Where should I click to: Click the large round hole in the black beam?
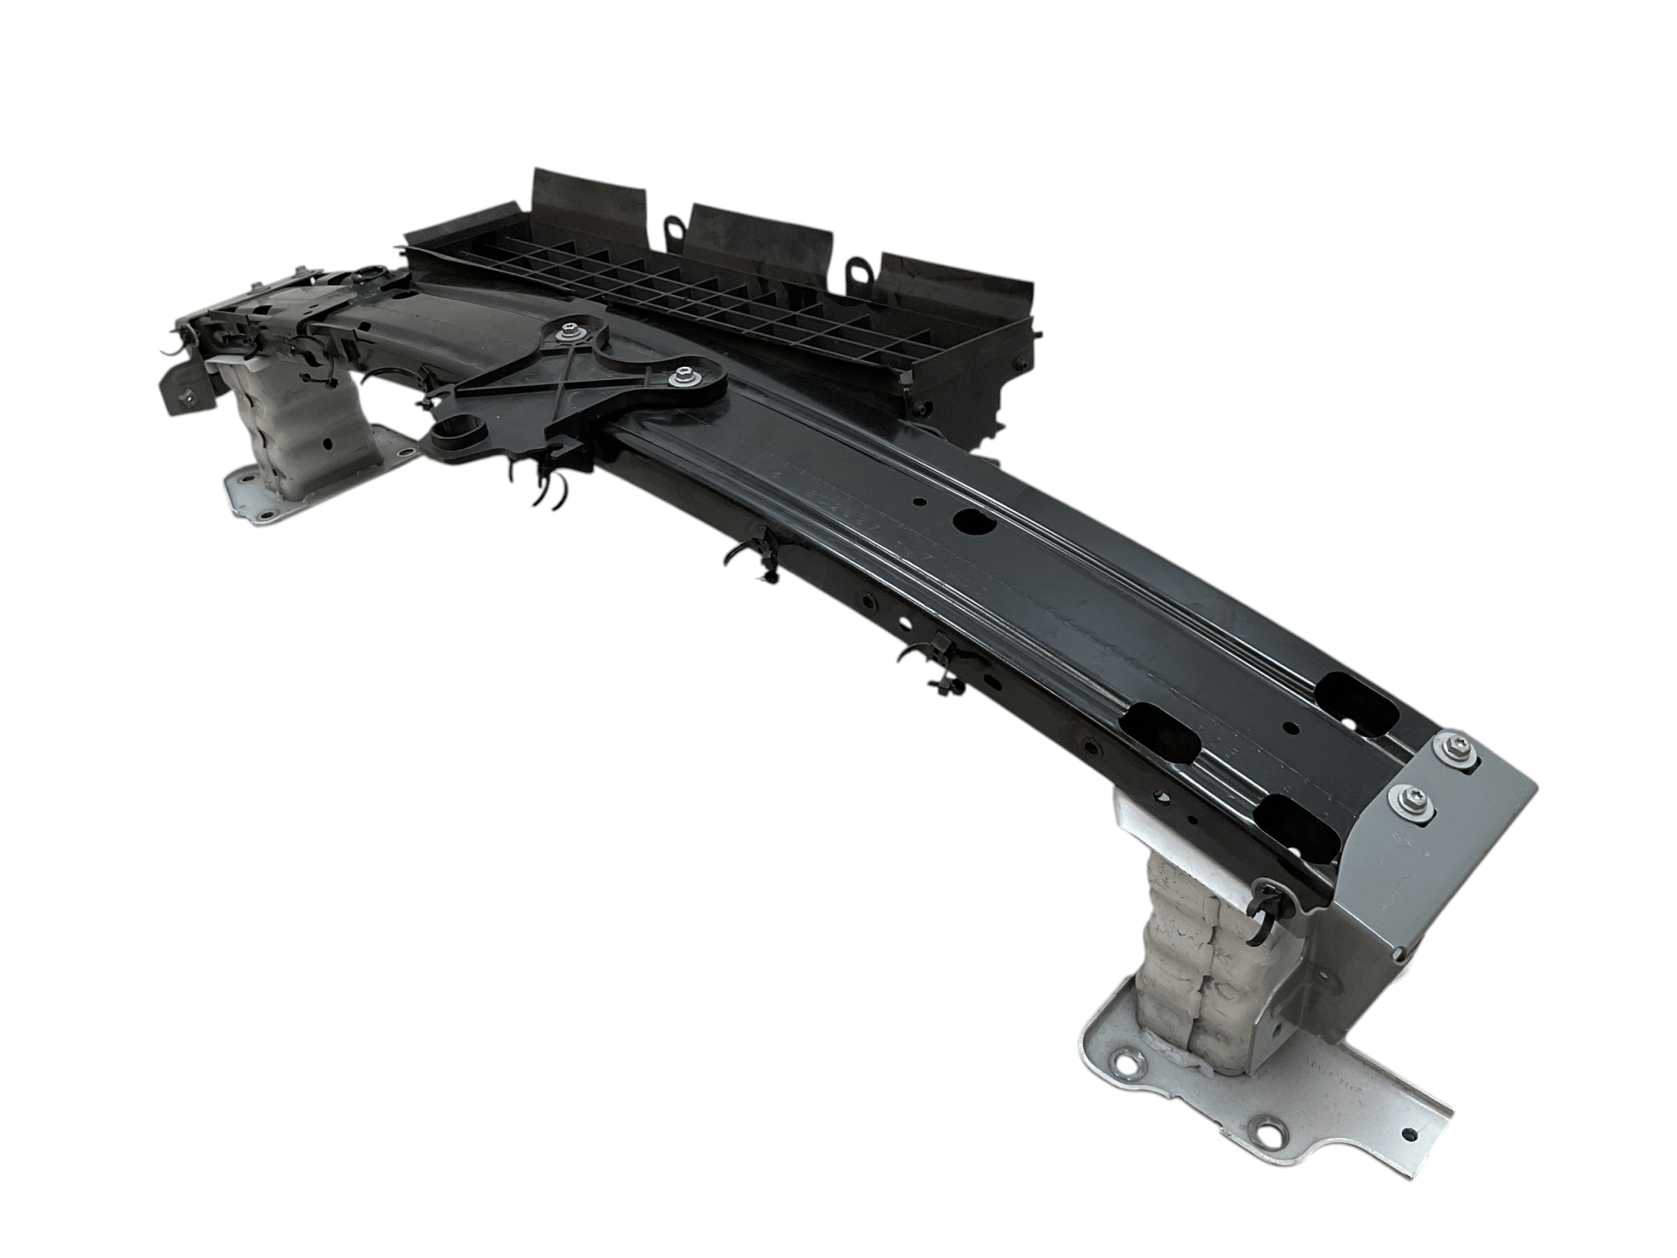coord(974,521)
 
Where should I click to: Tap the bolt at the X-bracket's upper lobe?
coord(567,333)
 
